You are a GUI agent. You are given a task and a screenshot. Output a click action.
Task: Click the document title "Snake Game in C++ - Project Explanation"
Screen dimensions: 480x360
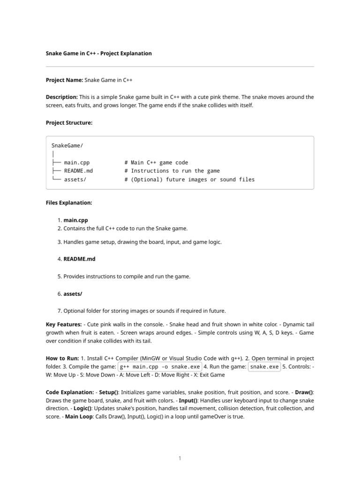(x=98, y=53)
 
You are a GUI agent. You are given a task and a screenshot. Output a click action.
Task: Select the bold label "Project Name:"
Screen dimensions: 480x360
(x=64, y=80)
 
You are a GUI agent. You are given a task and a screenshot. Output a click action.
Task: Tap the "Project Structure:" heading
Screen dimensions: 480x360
(x=69, y=123)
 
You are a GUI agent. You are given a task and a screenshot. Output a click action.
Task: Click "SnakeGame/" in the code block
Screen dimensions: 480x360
(x=67, y=146)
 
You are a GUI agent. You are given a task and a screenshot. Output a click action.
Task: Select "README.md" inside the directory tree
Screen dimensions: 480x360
(x=78, y=171)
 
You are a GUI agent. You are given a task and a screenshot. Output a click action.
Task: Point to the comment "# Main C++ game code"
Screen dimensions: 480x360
(x=156, y=163)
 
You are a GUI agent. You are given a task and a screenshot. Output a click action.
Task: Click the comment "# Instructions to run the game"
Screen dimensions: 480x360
(x=172, y=171)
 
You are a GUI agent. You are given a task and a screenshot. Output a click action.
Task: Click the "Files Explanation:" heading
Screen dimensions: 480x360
(x=69, y=203)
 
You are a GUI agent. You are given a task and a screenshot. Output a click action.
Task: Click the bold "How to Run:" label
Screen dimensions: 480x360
(x=62, y=358)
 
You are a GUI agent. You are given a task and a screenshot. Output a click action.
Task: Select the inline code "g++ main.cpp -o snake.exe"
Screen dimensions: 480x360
(x=159, y=367)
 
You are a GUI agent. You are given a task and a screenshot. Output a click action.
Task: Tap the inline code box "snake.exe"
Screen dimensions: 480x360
(x=264, y=367)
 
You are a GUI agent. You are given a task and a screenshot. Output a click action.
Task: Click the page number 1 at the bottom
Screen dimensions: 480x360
(x=180, y=458)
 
